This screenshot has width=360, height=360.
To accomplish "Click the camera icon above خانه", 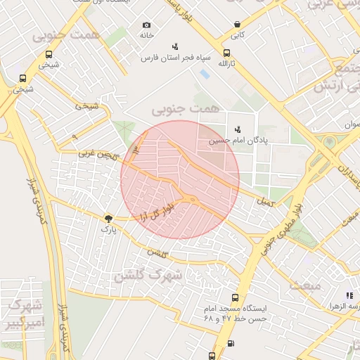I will point(147,25).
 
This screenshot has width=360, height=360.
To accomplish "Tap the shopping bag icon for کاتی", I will point(238,24).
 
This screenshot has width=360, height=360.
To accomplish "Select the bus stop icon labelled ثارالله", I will point(226,53).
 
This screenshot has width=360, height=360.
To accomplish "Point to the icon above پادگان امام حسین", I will point(238,129).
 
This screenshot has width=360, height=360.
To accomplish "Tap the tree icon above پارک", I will point(108,219).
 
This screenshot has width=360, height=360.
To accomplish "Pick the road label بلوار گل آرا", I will point(157,211).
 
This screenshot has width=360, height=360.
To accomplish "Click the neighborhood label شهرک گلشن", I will point(153,275).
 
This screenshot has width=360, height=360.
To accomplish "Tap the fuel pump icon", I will point(231,344).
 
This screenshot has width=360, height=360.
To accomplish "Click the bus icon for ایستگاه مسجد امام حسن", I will point(234,297).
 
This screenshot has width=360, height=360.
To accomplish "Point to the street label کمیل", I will point(265,202).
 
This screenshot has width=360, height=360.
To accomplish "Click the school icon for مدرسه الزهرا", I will point(349,296).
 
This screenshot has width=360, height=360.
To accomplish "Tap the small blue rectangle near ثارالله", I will point(205,73).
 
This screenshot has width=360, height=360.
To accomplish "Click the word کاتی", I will point(238,34).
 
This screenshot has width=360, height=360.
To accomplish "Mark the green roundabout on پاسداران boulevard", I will point(329,142).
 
